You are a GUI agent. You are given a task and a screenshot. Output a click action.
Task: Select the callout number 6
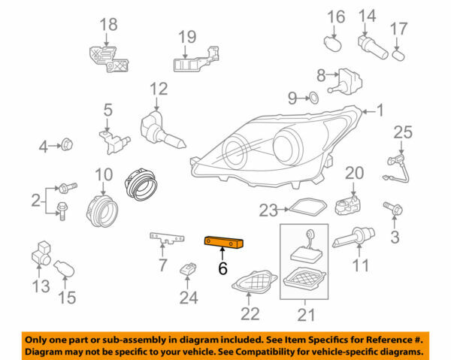[222, 268]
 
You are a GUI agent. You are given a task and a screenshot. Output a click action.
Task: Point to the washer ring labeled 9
[314, 98]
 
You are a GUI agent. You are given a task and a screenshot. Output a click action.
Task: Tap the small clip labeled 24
[189, 268]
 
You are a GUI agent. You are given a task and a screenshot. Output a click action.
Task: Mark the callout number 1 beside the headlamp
[380, 111]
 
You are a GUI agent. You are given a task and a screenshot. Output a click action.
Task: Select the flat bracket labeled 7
[168, 238]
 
